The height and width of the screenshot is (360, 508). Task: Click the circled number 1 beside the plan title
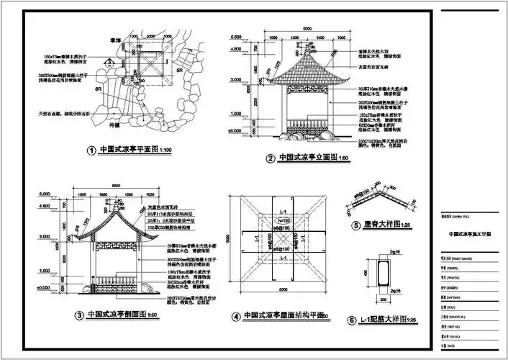tap(91, 151)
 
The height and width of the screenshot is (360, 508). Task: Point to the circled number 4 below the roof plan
tap(235, 315)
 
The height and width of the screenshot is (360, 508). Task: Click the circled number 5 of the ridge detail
tap(355, 225)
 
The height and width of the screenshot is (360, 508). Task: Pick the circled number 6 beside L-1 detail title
tap(352, 320)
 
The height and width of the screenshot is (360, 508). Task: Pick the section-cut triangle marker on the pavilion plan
tap(109, 63)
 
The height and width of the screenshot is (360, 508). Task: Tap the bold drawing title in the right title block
tap(470, 234)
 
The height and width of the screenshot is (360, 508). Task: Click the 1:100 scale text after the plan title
tap(163, 151)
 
